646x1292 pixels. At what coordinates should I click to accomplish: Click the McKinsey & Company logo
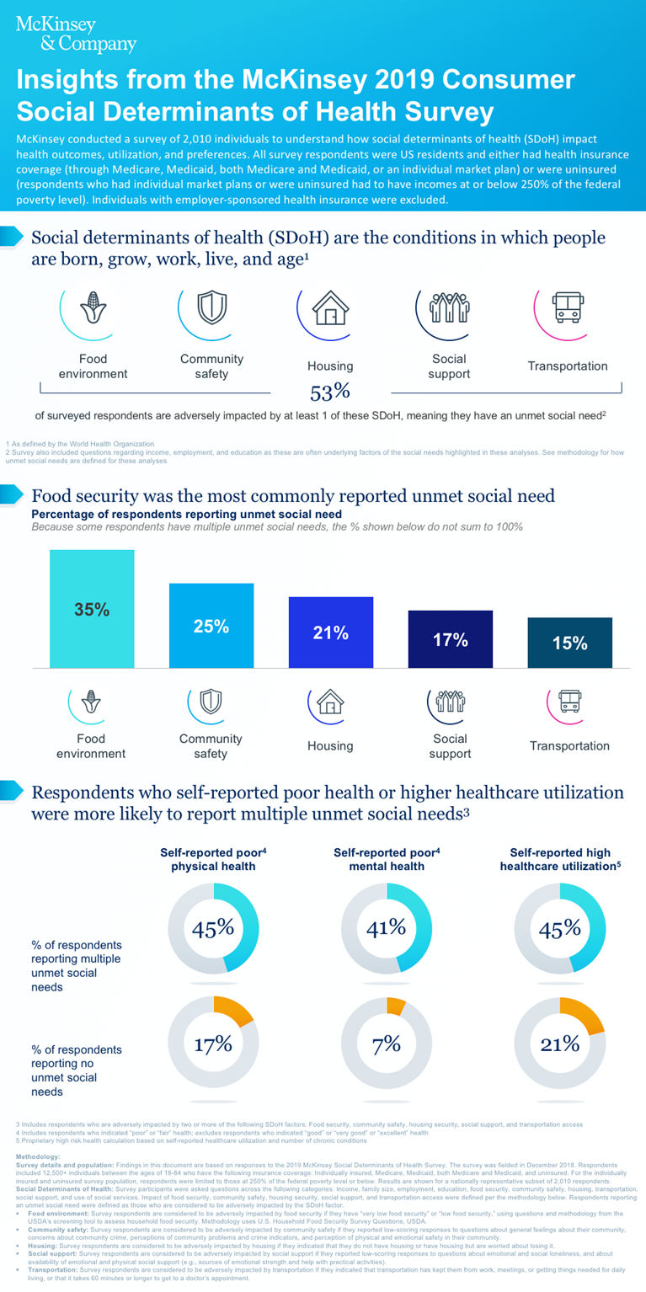[x=75, y=34]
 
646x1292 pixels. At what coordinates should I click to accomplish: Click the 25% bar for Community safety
[x=211, y=626]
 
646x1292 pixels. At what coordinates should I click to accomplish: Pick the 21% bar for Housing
[x=330, y=633]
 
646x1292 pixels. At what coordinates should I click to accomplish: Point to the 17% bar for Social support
[x=450, y=639]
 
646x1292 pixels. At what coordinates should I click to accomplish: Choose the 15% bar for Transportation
[x=569, y=643]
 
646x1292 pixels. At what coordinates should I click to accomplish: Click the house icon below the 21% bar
[x=331, y=701]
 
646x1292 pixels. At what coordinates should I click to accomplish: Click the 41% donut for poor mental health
[x=387, y=928]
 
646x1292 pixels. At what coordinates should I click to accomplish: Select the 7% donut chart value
[x=387, y=1044]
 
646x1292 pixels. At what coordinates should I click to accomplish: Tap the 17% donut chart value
[x=212, y=1044]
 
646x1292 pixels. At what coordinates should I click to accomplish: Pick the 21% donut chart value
[x=559, y=1044]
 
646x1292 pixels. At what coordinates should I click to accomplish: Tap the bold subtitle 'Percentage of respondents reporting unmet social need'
[x=187, y=514]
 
